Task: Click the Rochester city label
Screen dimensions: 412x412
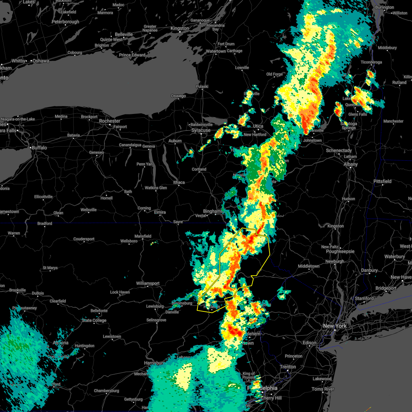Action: click(x=110, y=121)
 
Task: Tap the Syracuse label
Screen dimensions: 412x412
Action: click(x=201, y=130)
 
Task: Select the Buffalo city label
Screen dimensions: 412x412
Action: click(x=39, y=148)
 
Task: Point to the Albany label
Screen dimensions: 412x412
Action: click(x=351, y=164)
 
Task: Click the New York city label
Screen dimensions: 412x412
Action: click(x=335, y=325)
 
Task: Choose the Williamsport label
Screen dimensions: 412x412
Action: click(x=148, y=283)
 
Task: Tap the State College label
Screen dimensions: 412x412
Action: click(x=94, y=320)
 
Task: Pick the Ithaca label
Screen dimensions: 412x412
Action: click(x=179, y=182)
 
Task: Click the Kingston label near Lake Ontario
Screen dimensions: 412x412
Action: click(x=180, y=28)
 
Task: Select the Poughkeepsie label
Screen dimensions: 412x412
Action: click(x=340, y=251)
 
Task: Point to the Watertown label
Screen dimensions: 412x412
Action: click(x=216, y=51)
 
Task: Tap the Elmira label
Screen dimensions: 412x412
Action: click(x=160, y=212)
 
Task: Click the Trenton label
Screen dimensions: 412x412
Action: click(x=288, y=367)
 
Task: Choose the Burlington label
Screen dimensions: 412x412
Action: click(x=385, y=7)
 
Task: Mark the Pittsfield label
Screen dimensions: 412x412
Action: click(x=382, y=181)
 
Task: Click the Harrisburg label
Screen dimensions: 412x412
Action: click(x=154, y=363)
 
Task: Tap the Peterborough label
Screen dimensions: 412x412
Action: click(x=65, y=22)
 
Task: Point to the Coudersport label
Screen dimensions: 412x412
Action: click(x=84, y=239)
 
